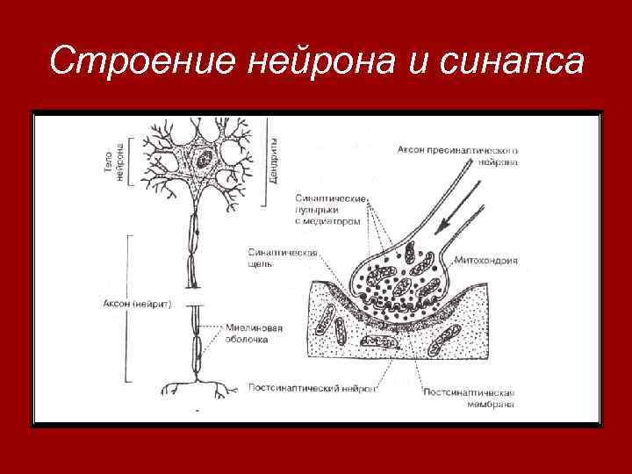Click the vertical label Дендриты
click(276, 158)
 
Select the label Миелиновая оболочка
click(258, 334)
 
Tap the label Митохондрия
click(486, 261)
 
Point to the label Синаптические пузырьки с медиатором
click(327, 211)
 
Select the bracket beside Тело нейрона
click(131, 161)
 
